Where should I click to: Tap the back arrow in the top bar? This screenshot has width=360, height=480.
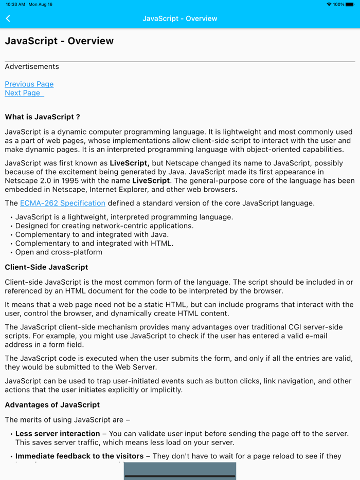pyautogui.click(x=8, y=19)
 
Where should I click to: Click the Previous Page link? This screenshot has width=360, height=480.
pyautogui.click(x=29, y=84)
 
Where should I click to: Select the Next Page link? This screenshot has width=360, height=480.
pyautogui.click(x=23, y=93)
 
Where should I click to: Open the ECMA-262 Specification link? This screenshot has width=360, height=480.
pyautogui.click(x=63, y=203)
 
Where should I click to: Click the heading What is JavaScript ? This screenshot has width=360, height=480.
pyautogui.click(x=43, y=117)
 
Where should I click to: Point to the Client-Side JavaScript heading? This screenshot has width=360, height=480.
pyautogui.click(x=46, y=267)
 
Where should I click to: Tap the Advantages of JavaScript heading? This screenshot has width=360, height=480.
pyautogui.click(x=52, y=404)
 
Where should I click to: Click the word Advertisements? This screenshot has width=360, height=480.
pyautogui.click(x=32, y=66)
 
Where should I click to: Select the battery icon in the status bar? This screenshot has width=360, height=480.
pyautogui.click(x=350, y=5)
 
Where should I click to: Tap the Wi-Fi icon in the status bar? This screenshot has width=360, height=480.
pyautogui.click(x=329, y=5)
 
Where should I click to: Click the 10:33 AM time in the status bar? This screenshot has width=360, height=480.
pyautogui.click(x=15, y=5)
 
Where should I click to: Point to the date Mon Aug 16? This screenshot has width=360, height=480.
pyautogui.click(x=41, y=5)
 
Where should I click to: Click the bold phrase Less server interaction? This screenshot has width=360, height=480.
pyautogui.click(x=58, y=434)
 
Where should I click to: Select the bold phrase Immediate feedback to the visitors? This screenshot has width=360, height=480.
pyautogui.click(x=79, y=456)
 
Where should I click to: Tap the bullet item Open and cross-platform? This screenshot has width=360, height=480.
pyautogui.click(x=59, y=252)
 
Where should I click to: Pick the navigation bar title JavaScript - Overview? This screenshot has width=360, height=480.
pyautogui.click(x=180, y=19)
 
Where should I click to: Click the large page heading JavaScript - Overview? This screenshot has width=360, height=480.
pyautogui.click(x=59, y=41)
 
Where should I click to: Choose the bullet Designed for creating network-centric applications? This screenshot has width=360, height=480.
pyautogui.click(x=104, y=226)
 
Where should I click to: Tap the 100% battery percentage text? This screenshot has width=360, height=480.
pyautogui.click(x=338, y=5)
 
